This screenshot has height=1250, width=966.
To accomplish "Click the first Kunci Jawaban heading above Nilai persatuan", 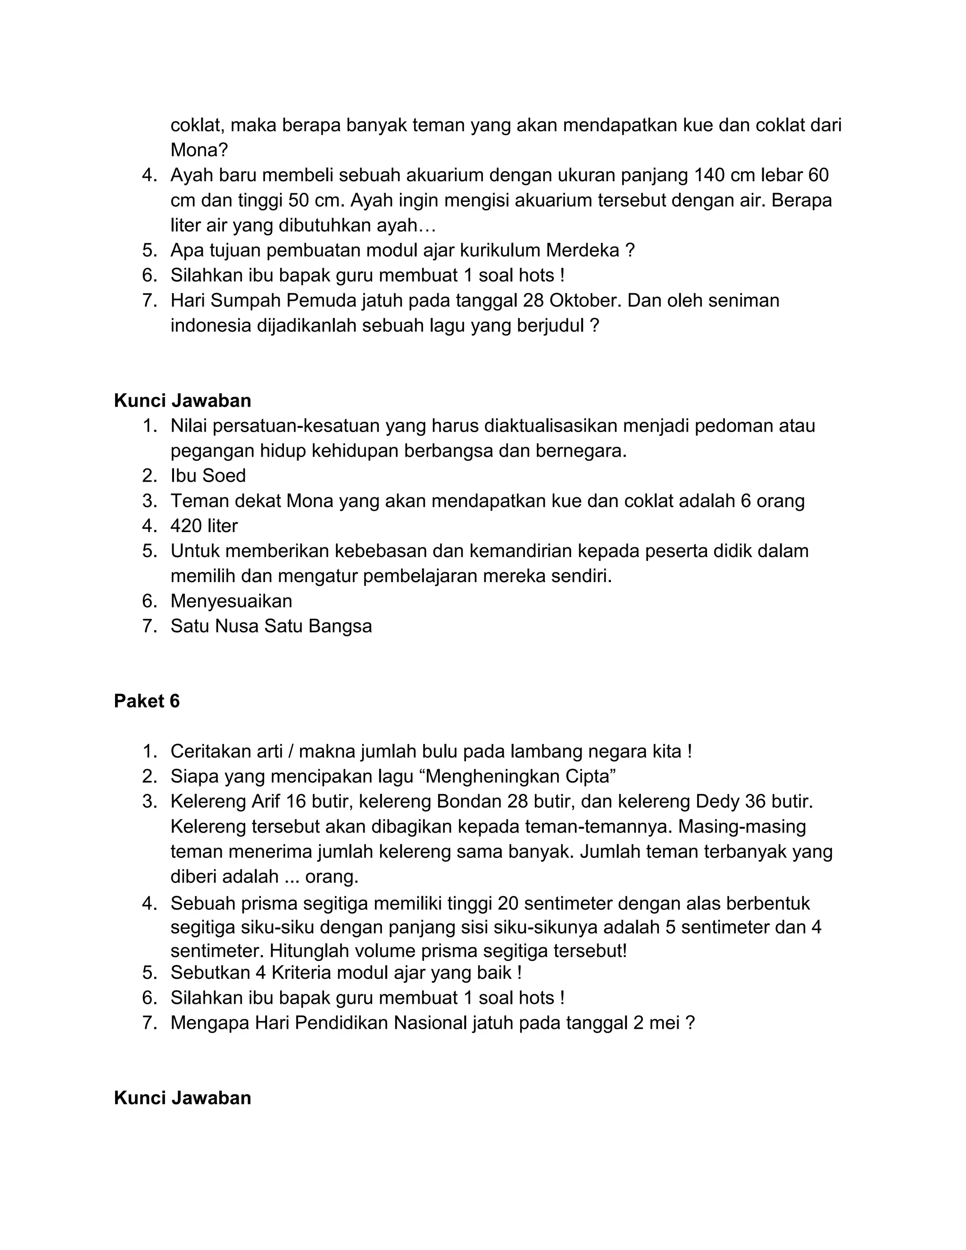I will point(182,400).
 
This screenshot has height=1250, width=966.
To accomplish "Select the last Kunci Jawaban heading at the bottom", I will point(182,1098).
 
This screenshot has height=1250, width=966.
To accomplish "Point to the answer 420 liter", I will point(204,525).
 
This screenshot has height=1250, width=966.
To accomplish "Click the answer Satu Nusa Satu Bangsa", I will point(271,625).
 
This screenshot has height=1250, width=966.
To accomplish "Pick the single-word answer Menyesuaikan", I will point(231,601).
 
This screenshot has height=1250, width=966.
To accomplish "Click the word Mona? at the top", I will point(199,150).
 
